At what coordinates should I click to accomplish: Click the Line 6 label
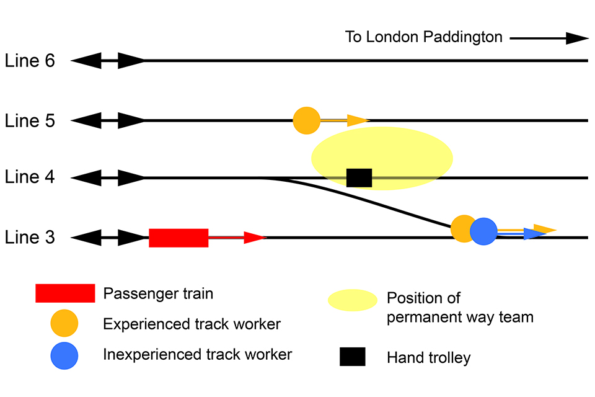[x=30, y=61]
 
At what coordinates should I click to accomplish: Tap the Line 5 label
[x=30, y=120]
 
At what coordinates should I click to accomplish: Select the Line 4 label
[x=30, y=178]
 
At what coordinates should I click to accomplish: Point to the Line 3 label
[x=30, y=238]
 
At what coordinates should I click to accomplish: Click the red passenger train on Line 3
[x=178, y=238]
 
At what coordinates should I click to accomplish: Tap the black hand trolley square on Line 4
[x=359, y=178]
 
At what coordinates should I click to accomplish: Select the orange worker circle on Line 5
[x=306, y=120]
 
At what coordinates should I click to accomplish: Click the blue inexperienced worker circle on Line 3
[x=483, y=231]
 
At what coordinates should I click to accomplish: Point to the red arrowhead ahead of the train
[x=254, y=238]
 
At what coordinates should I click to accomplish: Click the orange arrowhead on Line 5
[x=358, y=120]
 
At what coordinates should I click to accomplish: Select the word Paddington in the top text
[x=462, y=37]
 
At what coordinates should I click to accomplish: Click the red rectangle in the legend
[x=65, y=293]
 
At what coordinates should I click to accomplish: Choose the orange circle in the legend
[x=65, y=324]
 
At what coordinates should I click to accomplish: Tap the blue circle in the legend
[x=65, y=355]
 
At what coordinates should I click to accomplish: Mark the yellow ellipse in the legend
[x=353, y=300]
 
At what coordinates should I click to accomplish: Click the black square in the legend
[x=352, y=357]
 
